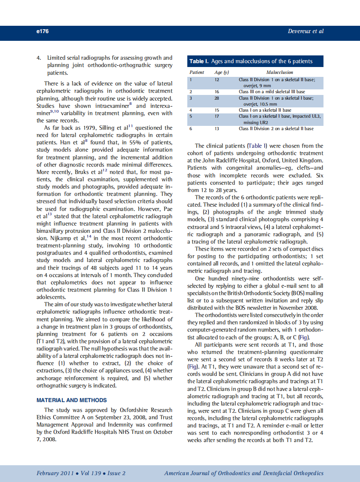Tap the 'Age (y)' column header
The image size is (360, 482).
click(222, 73)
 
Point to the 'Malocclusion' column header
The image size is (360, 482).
click(280, 73)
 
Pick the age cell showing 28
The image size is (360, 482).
click(217, 98)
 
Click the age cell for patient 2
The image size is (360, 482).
click(217, 92)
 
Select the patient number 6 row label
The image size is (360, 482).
click(190, 128)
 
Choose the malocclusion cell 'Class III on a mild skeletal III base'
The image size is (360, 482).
click(272, 92)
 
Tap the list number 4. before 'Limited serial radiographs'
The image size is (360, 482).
click(39, 58)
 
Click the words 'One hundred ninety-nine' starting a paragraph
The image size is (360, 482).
click(222, 279)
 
